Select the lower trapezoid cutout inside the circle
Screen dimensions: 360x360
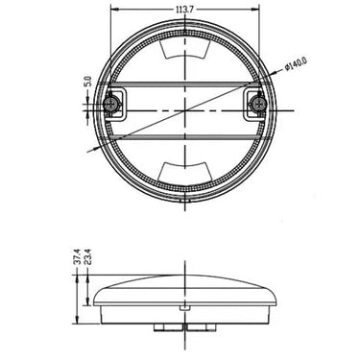tap(186, 171)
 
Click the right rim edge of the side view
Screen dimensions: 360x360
tap(279, 299)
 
